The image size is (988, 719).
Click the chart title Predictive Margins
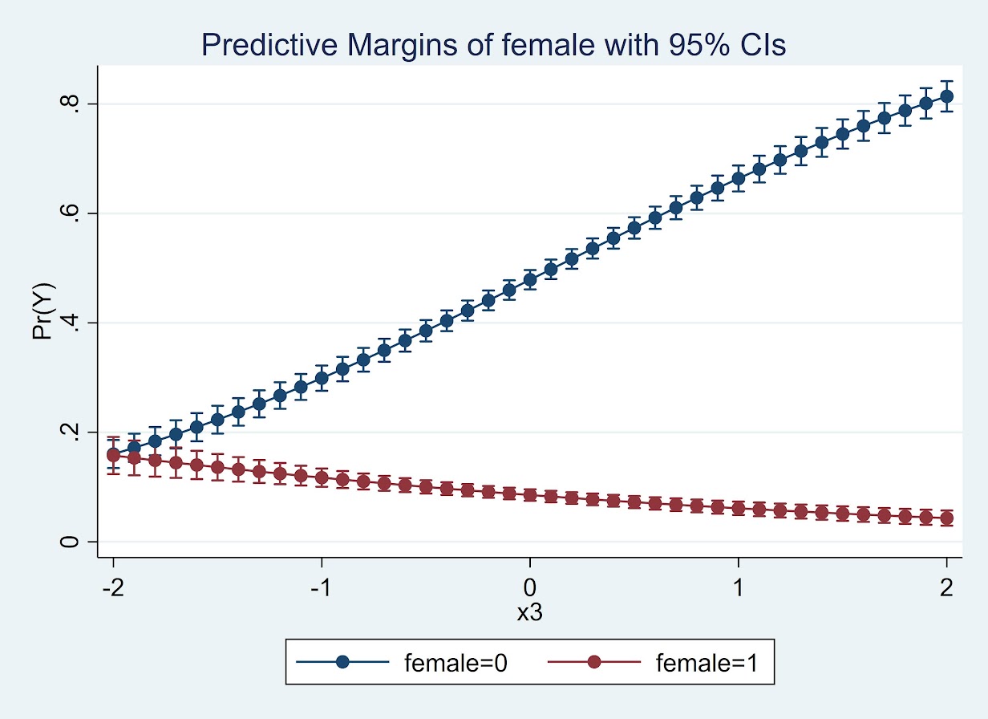click(493, 45)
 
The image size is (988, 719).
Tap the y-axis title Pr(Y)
click(43, 310)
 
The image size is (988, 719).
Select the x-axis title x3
click(529, 612)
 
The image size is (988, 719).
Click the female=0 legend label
click(456, 662)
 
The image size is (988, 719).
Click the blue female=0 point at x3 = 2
click(946, 96)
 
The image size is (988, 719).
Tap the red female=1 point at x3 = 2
click(946, 518)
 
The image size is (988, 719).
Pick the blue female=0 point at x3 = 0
click(529, 279)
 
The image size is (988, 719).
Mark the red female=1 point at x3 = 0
click(529, 495)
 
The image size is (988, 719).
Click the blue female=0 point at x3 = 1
click(738, 178)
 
